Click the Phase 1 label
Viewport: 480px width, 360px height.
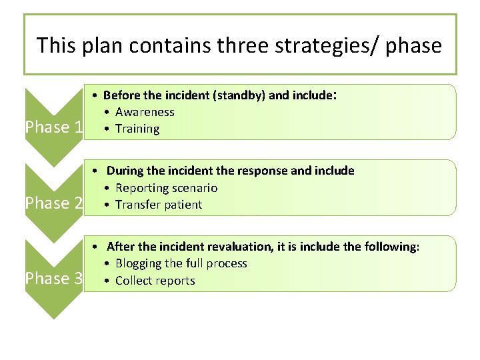tap(53, 127)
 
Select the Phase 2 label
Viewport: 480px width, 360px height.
tap(53, 203)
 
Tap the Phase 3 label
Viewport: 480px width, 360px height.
tap(53, 279)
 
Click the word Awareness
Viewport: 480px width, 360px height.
tap(145, 112)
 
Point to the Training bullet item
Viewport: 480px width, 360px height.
tap(137, 129)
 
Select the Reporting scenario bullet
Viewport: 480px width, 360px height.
tap(167, 188)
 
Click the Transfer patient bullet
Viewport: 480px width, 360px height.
tap(159, 205)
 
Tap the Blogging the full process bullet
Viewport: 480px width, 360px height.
tap(181, 263)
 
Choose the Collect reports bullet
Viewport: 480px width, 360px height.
tap(155, 281)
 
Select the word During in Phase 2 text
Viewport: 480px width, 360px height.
tap(126, 171)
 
